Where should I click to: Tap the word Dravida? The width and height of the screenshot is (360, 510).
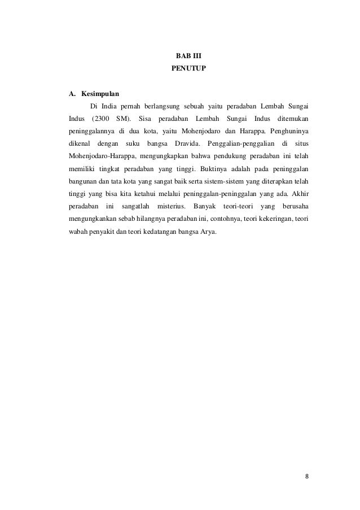click(x=188, y=143)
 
